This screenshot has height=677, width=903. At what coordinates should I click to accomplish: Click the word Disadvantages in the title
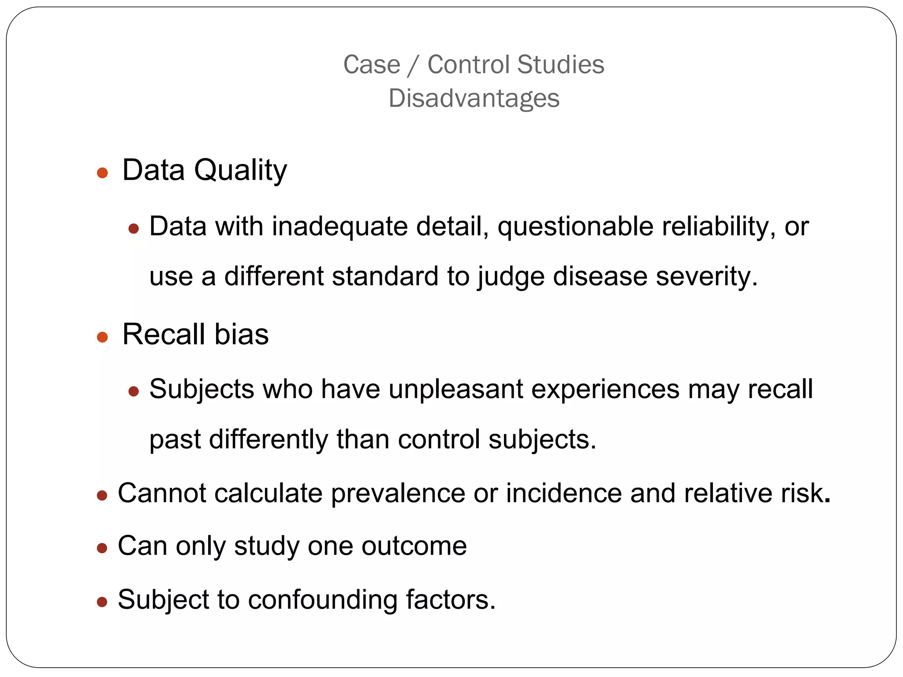click(474, 98)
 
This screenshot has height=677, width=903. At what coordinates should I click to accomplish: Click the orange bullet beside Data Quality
click(102, 172)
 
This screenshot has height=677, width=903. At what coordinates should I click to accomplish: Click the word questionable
click(575, 227)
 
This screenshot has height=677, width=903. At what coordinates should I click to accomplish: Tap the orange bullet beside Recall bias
click(102, 337)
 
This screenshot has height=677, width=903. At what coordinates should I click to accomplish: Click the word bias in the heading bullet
click(241, 334)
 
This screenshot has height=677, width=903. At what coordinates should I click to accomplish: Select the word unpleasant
click(455, 390)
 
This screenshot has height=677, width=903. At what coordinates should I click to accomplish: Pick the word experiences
click(605, 390)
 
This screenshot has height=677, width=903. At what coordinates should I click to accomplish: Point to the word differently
click(268, 439)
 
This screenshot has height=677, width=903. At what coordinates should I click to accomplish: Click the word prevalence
click(398, 493)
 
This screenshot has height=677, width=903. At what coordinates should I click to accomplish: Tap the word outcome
click(414, 546)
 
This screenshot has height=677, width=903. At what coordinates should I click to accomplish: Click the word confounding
click(322, 600)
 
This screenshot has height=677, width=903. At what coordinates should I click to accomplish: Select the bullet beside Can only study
click(102, 548)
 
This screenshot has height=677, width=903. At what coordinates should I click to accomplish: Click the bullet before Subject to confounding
click(102, 602)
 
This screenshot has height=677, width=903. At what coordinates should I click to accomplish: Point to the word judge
click(511, 277)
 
